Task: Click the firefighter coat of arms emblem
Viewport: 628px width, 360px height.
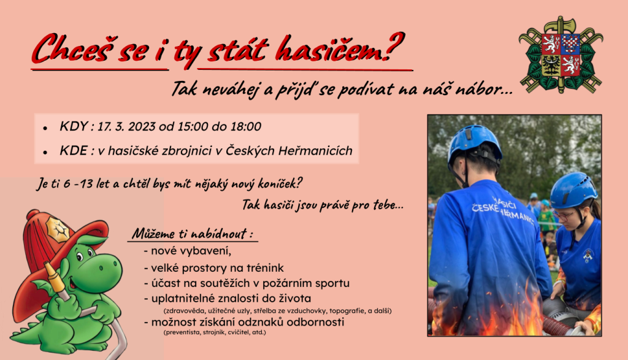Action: click(x=561, y=54)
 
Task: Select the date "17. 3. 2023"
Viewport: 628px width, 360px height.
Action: click(x=126, y=126)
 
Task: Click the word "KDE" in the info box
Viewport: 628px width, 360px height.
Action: click(x=74, y=151)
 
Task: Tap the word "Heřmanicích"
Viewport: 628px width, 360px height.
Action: click(x=315, y=151)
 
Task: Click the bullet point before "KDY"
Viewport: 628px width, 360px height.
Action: click(x=45, y=128)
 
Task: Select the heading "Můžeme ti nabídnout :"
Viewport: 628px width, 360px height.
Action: click(x=192, y=234)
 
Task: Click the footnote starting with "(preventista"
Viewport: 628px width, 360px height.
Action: click(x=215, y=332)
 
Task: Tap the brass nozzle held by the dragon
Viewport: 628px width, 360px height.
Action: click(x=54, y=276)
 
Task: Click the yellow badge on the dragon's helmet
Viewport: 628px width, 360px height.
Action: click(x=58, y=229)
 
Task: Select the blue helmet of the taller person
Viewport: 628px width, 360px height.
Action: click(x=475, y=143)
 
